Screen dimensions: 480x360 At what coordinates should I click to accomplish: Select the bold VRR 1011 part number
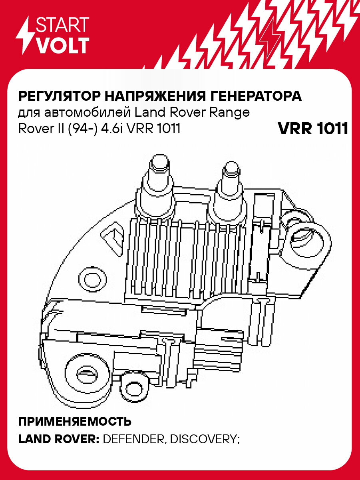(x=312, y=129)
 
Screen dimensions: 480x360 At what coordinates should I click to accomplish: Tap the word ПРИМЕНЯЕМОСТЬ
(x=75, y=422)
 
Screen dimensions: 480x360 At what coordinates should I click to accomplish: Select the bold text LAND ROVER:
(x=59, y=439)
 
